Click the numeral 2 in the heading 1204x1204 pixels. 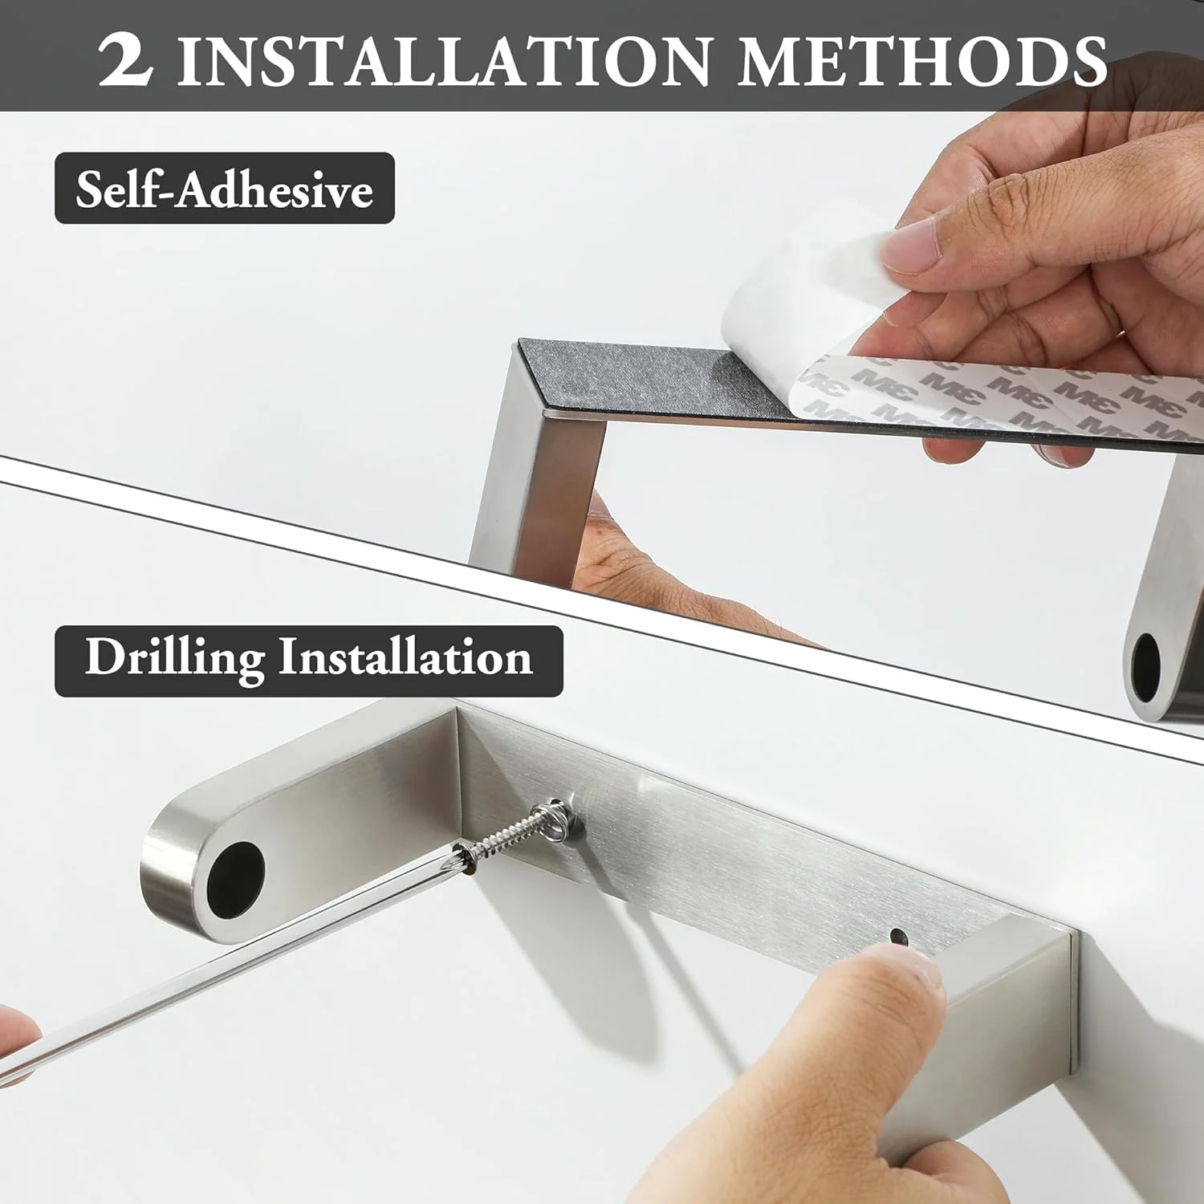tap(125, 61)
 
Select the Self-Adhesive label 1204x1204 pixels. tap(225, 189)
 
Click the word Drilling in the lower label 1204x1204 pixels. tap(174, 658)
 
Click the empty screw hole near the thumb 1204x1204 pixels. tap(898, 937)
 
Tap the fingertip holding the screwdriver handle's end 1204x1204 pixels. tap(18, 1039)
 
